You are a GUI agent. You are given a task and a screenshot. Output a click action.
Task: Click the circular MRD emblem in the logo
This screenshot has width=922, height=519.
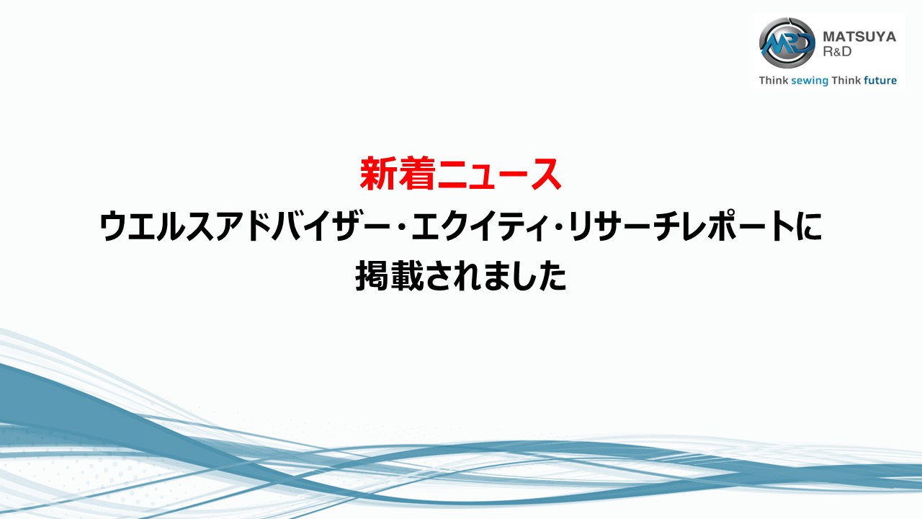[787, 43]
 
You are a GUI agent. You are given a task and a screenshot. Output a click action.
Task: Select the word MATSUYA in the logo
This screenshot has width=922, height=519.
[859, 37]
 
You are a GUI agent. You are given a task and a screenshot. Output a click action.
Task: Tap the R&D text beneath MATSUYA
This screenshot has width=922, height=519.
[837, 51]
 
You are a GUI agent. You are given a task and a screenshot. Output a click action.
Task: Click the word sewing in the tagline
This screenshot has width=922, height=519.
[810, 81]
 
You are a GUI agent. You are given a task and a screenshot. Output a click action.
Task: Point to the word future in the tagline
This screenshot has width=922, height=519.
[880, 80]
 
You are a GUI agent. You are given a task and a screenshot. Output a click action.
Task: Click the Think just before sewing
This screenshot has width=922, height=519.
[774, 80]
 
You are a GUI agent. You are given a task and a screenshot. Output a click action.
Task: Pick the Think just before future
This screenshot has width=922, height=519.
[846, 80]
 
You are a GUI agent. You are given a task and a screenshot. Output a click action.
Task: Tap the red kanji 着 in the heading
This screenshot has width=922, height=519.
[416, 174]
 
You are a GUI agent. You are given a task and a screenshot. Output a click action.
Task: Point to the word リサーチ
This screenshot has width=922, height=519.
[625, 226]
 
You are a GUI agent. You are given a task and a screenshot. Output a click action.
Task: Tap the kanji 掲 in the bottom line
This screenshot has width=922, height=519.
[372, 275]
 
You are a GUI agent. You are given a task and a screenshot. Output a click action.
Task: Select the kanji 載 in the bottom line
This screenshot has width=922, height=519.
[407, 275]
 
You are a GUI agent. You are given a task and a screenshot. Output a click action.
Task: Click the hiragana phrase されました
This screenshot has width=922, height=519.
[496, 276]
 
